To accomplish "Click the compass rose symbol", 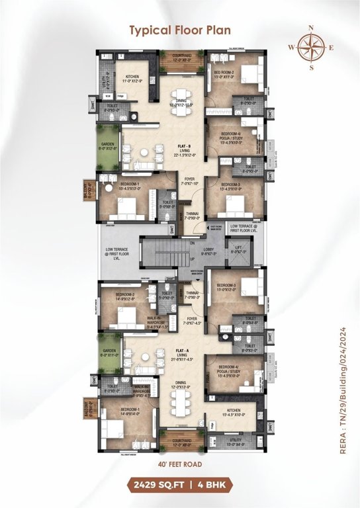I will (x=312, y=48).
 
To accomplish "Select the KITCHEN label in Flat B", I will (x=134, y=77).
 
